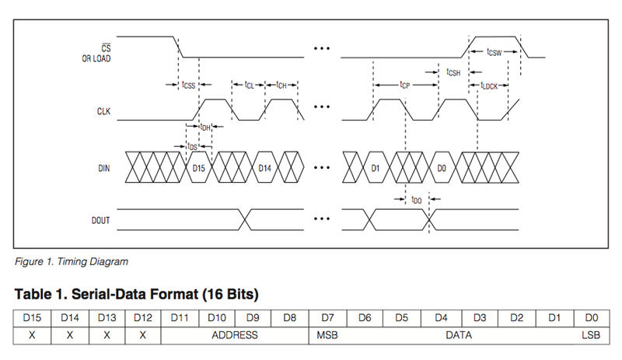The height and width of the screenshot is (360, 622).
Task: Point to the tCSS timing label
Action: pyautogui.click(x=187, y=85)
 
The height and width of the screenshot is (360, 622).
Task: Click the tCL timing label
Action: pyautogui.click(x=249, y=85)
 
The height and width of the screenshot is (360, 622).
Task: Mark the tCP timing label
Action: pyautogui.click(x=404, y=85)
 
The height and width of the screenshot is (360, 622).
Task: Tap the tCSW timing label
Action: pyautogui.click(x=494, y=51)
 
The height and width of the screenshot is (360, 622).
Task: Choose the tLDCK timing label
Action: pyautogui.click(x=492, y=86)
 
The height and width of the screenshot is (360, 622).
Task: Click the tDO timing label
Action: pyautogui.click(x=417, y=200)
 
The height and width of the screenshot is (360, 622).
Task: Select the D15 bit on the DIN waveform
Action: pyautogui.click(x=200, y=167)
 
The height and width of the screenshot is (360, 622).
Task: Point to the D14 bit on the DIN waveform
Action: pyautogui.click(x=265, y=167)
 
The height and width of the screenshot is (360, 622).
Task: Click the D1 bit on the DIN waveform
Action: pyautogui.click(x=374, y=167)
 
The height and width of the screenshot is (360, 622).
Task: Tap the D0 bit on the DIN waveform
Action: pyautogui.click(x=441, y=167)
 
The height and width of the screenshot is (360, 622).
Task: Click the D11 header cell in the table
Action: pyautogui.click(x=179, y=317)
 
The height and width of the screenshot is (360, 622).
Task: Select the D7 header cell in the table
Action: pyautogui.click(x=328, y=317)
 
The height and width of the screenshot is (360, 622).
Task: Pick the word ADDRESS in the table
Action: pyautogui.click(x=234, y=335)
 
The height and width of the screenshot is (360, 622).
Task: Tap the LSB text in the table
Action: pyautogui.click(x=589, y=335)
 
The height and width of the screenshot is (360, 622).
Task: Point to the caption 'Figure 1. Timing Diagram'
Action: pyautogui.click(x=71, y=261)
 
